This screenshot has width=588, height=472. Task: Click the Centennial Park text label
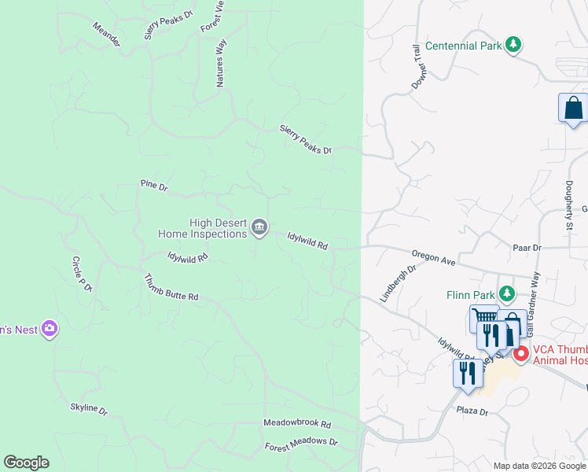[x=463, y=46]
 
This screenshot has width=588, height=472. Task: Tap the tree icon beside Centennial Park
[x=513, y=45]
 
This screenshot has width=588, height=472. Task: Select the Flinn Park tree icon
[x=508, y=294]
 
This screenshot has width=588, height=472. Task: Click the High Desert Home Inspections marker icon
[x=259, y=229]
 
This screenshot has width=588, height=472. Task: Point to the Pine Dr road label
[x=154, y=186]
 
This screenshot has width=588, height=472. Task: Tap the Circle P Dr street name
[x=82, y=275]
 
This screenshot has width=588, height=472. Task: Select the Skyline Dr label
[x=88, y=409]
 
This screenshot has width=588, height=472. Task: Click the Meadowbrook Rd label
[x=297, y=423]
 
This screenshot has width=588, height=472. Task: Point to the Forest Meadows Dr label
[x=301, y=443]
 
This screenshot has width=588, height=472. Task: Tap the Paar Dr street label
[x=527, y=248]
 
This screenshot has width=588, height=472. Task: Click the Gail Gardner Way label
[x=535, y=292]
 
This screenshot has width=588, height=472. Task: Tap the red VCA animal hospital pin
[x=520, y=353]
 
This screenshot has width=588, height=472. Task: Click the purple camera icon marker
[x=50, y=329]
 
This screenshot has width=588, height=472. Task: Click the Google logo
[x=26, y=463]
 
